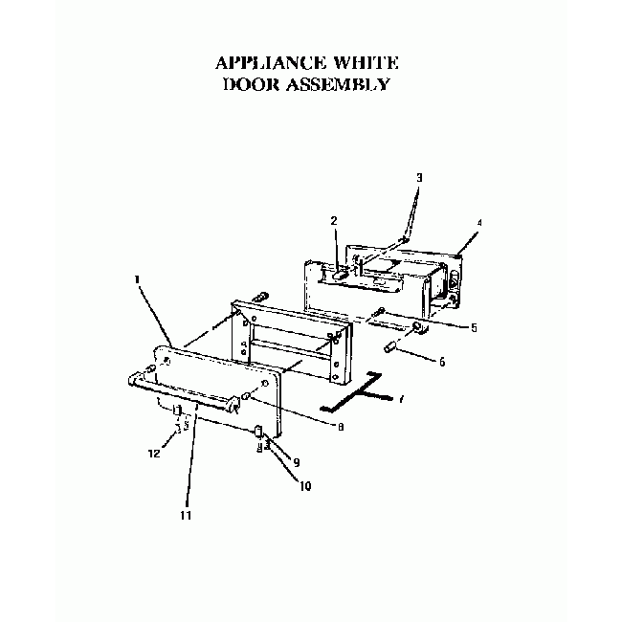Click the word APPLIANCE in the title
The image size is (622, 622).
271,63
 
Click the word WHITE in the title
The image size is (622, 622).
366,63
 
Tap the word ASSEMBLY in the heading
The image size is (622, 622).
338,84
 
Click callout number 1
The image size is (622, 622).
137,279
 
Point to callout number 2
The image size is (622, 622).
334,221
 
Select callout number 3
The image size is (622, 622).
419,178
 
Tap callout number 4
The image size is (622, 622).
479,223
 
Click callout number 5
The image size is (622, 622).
474,328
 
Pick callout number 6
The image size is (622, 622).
442,362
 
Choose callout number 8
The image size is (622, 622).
341,427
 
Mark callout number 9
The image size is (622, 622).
297,462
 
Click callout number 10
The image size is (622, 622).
305,486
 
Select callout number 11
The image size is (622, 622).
186,515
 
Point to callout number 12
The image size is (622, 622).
154,454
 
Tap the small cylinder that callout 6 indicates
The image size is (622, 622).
389,347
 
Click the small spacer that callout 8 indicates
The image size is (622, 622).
246,395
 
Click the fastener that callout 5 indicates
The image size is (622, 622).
378,312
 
